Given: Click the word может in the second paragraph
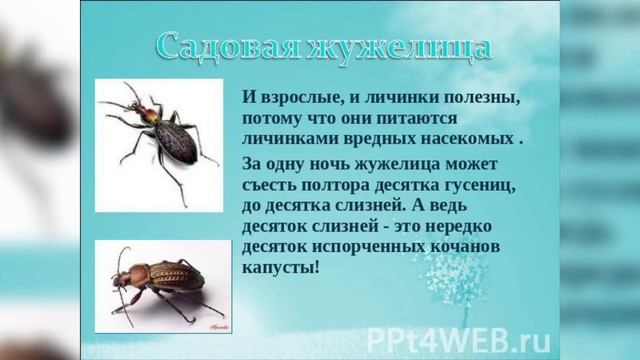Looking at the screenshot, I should click(x=498, y=164).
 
